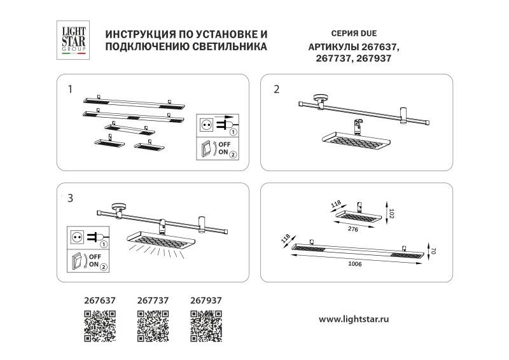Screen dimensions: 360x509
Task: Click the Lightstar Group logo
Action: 73,39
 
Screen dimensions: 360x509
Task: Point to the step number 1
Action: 71,89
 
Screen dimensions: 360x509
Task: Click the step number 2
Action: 276,89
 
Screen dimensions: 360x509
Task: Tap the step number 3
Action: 71,198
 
